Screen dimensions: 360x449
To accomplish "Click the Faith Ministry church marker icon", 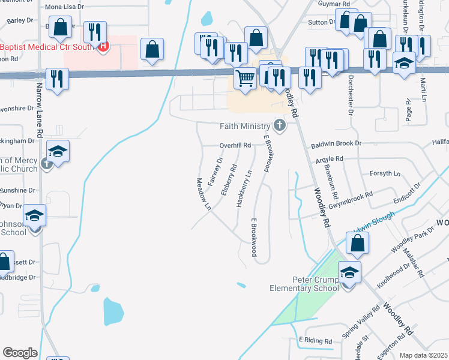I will point(279,126).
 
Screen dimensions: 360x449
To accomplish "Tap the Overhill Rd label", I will point(235,145).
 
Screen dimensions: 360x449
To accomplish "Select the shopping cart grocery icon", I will point(245,78).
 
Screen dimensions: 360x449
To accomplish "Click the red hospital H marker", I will point(103,46).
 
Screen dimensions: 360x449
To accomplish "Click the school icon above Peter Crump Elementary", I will point(349,272).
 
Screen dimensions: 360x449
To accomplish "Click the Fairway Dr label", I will point(215,170).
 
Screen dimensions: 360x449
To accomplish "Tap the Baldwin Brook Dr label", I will point(336,144).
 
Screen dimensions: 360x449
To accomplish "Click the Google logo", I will point(20,352).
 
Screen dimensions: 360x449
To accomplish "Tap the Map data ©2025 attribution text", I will point(424,355).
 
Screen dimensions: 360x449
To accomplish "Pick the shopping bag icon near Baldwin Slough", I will point(357,243).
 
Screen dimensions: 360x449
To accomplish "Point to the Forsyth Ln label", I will point(385,173).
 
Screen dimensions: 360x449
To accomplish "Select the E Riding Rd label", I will point(316,340).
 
